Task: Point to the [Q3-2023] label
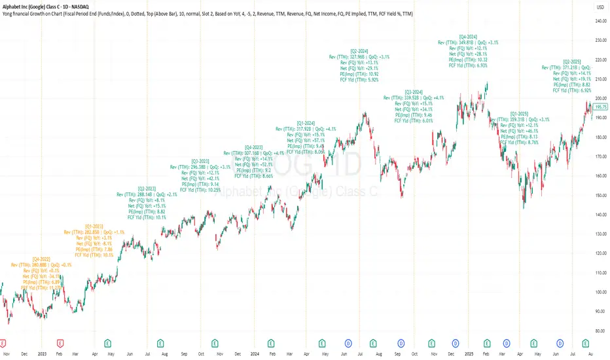point(200,161)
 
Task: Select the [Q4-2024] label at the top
point(468,36)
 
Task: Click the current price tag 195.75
point(600,106)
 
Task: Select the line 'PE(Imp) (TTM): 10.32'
point(469,60)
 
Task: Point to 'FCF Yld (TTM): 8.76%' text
point(524,142)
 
